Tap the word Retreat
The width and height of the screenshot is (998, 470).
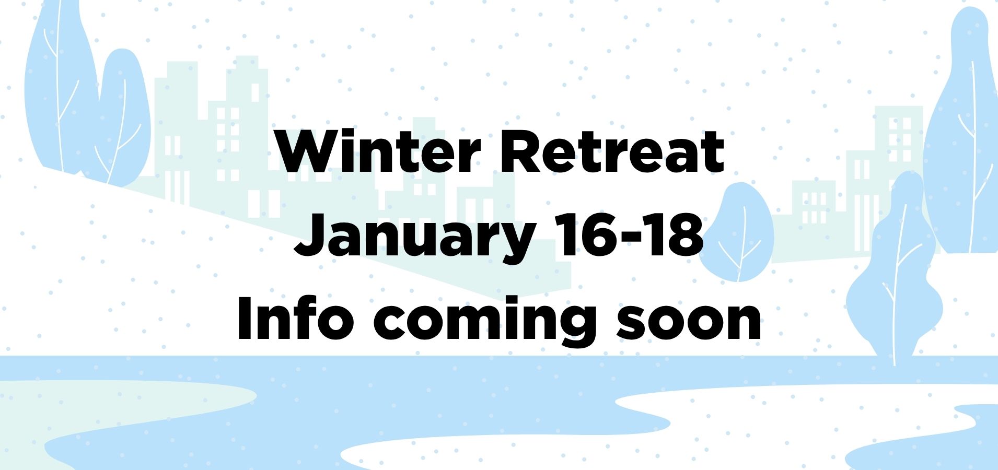coord(612,151)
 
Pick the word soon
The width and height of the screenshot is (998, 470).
coord(689,324)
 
